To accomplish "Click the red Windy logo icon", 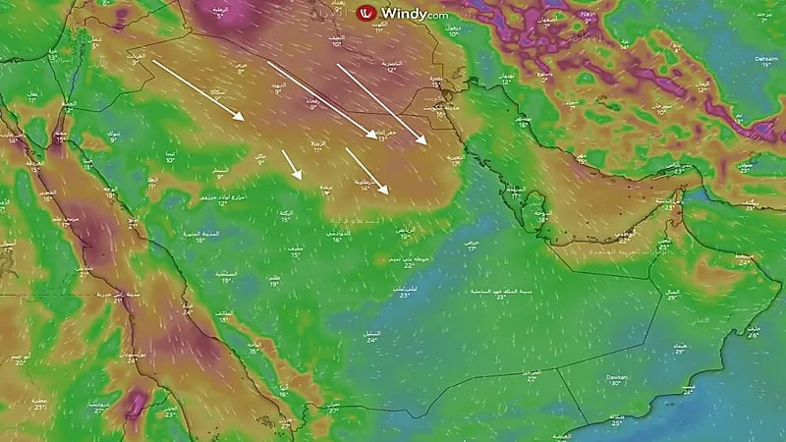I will click(367, 13).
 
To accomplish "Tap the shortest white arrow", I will click(292, 164).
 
